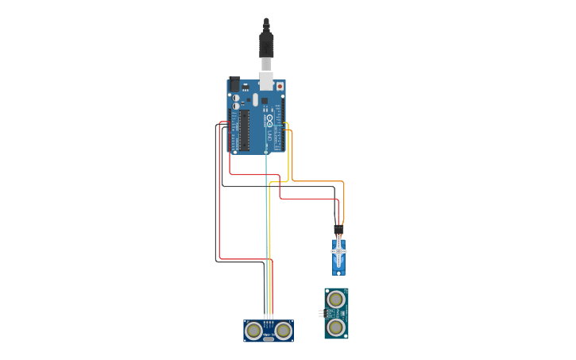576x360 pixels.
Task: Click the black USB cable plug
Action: point(266,44)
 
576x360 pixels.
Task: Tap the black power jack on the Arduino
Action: point(234,83)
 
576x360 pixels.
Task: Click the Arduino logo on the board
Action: point(269,121)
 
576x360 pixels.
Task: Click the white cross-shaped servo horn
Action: point(339,252)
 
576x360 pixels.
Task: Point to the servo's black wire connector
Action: point(339,229)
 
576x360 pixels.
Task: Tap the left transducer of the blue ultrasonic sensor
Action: point(253,330)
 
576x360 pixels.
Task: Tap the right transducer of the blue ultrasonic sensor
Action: point(283,330)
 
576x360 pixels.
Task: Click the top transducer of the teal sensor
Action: point(336,300)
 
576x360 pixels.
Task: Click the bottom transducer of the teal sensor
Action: point(336,327)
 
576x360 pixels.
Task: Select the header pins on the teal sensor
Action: point(320,313)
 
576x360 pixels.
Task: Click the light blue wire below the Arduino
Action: point(266,191)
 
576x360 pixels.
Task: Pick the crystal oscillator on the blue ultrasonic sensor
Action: point(269,338)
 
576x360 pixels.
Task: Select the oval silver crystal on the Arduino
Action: point(256,99)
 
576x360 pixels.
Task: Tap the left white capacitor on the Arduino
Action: point(236,98)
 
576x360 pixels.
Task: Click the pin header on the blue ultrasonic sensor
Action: point(269,322)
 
